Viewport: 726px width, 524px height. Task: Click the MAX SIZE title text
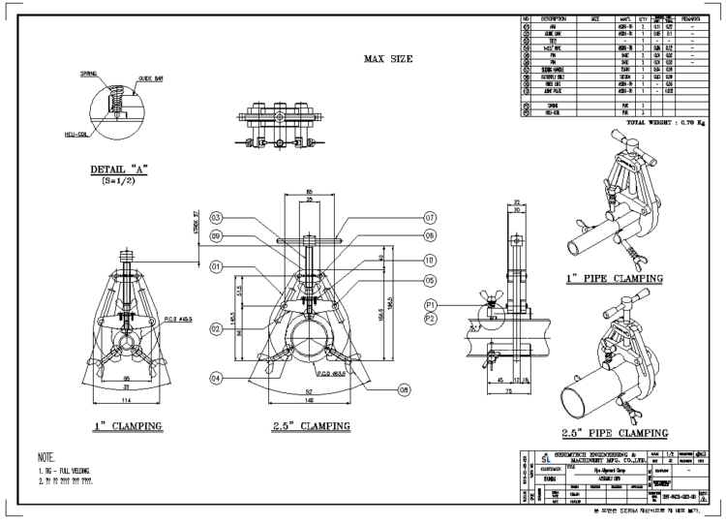(387, 59)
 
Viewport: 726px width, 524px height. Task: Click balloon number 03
(217, 217)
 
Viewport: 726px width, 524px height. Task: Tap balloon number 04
(217, 377)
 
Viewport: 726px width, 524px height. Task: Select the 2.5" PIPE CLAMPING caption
(616, 432)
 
